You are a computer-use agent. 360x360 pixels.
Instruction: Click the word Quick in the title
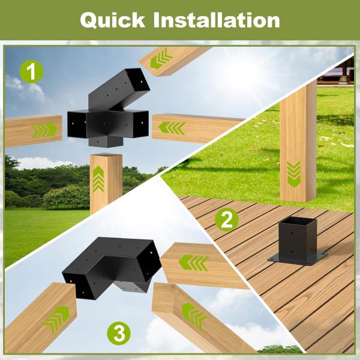tap(112, 20)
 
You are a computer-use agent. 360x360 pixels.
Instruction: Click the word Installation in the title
tap(216, 20)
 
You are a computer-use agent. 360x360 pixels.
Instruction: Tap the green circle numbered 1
tap(31, 74)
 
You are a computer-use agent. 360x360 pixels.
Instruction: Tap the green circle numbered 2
tap(226, 220)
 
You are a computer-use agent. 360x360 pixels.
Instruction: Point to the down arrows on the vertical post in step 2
tap(293, 172)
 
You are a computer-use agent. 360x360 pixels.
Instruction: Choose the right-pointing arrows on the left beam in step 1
tap(45, 129)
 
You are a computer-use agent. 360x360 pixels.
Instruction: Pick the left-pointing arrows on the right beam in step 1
tap(173, 128)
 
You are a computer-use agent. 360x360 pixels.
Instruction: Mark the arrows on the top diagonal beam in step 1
tap(161, 59)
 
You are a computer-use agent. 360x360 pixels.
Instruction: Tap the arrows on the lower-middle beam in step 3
tap(194, 314)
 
